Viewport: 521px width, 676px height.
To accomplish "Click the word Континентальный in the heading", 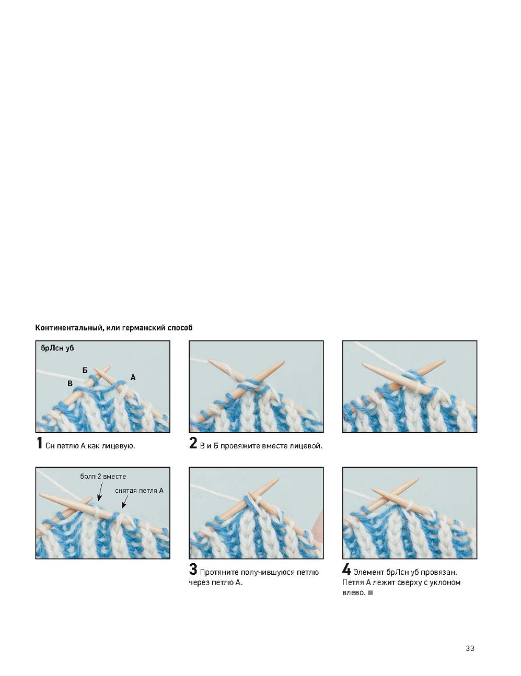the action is (x=68, y=328).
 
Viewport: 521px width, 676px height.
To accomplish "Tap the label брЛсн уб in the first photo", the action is (x=57, y=348).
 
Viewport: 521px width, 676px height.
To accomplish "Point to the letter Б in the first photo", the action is (x=85, y=370).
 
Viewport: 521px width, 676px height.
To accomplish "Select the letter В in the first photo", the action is (x=70, y=384).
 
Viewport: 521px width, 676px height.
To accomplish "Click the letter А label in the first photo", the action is (x=133, y=377).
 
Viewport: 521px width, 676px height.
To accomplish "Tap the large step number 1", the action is (x=39, y=443).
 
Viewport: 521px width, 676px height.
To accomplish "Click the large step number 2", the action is (x=193, y=443).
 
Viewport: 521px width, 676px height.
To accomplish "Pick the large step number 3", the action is (x=193, y=570).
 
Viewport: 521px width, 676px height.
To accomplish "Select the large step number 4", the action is (x=346, y=570).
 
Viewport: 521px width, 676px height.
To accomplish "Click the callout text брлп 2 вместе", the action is (x=103, y=477).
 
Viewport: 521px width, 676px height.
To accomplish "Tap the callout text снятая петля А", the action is (x=139, y=491).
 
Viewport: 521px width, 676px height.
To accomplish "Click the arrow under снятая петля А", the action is (x=124, y=502).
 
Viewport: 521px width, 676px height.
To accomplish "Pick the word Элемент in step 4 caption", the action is (x=369, y=572).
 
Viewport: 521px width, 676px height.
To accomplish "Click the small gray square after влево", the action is (x=371, y=593).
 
